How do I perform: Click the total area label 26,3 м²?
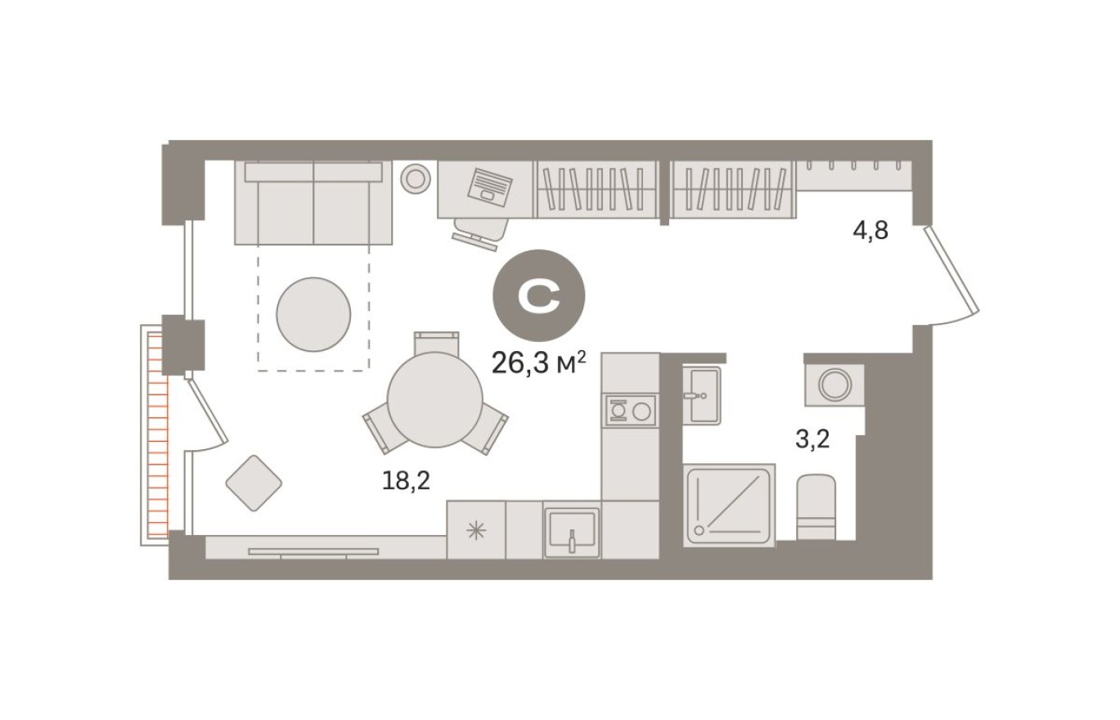[539, 362]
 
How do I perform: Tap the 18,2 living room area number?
[406, 481]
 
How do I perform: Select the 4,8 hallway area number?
[870, 231]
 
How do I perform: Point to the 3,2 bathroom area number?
[812, 440]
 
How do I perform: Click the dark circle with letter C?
[538, 295]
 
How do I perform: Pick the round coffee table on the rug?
[313, 314]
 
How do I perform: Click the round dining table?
[435, 399]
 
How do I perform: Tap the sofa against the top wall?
[313, 203]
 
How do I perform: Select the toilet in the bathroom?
[816, 507]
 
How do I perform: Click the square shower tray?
[728, 506]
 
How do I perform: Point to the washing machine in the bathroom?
[834, 385]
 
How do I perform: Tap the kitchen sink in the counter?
[572, 532]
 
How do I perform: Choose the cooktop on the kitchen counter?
[630, 409]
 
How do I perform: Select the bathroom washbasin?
[702, 395]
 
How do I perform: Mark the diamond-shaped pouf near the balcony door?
[254, 483]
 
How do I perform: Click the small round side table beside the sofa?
[416, 178]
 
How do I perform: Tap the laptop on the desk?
[489, 187]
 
